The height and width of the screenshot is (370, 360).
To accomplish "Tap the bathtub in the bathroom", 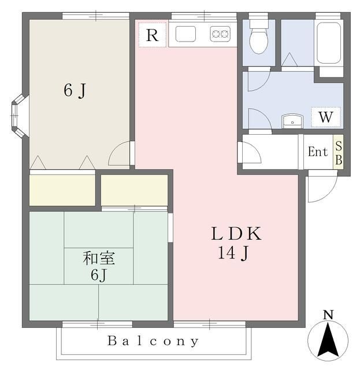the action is [329, 43].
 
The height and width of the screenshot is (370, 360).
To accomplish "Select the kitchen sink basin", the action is [185, 34].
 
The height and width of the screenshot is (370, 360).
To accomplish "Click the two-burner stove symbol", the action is [220, 34].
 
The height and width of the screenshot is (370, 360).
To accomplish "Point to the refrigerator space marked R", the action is [153, 35].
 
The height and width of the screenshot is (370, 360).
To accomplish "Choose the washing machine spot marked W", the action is [326, 117].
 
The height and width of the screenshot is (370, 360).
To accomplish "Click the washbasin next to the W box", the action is [292, 121].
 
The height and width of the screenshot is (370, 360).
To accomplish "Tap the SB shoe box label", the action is [338, 152].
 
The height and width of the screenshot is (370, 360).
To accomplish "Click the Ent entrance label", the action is [318, 151].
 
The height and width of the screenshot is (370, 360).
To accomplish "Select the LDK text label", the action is [236, 234].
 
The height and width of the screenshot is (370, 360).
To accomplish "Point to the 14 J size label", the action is [233, 253].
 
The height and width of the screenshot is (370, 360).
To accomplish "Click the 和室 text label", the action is [99, 258].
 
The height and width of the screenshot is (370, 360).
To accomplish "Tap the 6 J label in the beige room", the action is [75, 91].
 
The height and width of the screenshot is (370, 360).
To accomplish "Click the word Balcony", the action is [153, 341].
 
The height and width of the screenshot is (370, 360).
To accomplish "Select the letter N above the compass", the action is [328, 314].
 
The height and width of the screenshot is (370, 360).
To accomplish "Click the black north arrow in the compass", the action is [328, 340].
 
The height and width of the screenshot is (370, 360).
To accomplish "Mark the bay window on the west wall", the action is [20, 116].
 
